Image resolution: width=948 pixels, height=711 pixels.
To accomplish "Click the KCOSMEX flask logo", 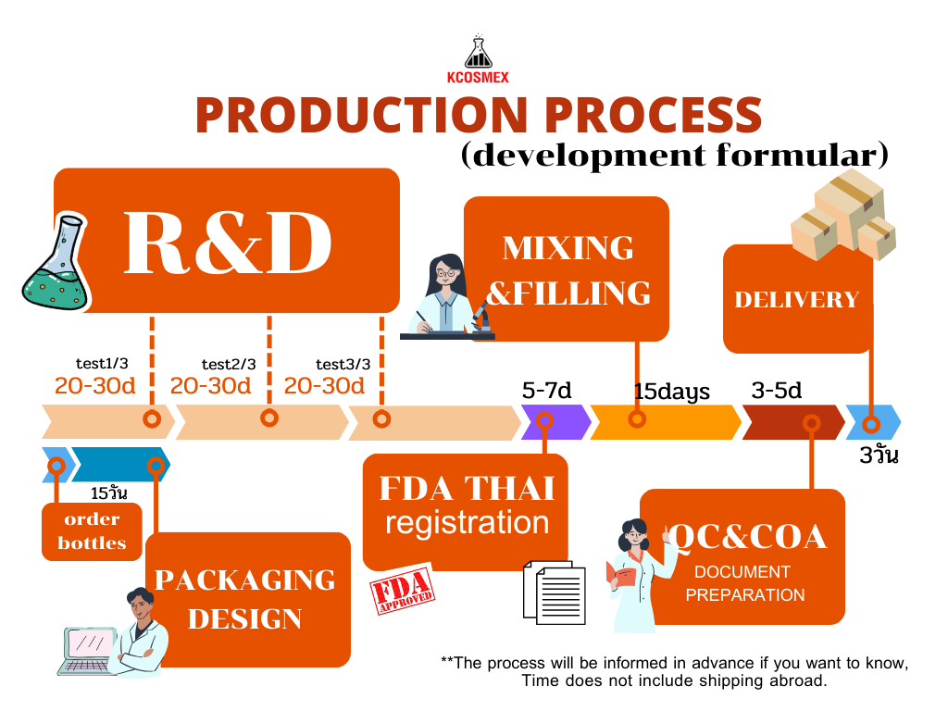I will (x=478, y=54).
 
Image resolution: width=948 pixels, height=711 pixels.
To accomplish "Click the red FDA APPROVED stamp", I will (x=402, y=593).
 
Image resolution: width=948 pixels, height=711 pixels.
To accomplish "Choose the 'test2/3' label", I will (x=229, y=364).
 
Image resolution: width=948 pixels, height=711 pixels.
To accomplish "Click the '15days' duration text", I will (x=672, y=392).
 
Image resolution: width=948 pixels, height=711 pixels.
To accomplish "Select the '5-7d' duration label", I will (x=547, y=390).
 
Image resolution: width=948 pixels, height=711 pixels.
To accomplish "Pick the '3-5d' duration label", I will (x=777, y=390).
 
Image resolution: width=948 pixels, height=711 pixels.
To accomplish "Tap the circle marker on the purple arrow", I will (x=545, y=421).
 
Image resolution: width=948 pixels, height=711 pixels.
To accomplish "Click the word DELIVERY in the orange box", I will (x=797, y=299).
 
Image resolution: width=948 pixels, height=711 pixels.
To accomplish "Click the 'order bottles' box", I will (x=92, y=531).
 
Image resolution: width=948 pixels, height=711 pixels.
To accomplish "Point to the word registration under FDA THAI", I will (x=467, y=522).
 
